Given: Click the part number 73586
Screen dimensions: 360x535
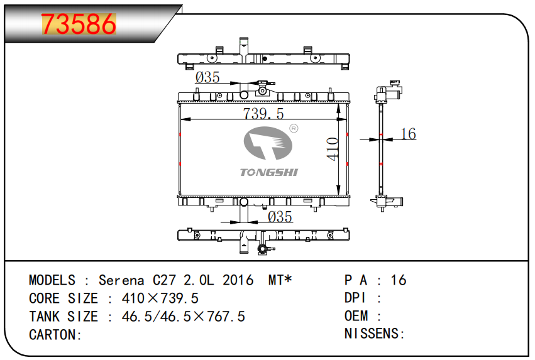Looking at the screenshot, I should coord(79,25).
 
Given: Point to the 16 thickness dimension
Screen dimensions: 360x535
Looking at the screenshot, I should coord(408,134).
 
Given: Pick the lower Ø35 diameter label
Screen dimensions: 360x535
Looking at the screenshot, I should coord(280,217).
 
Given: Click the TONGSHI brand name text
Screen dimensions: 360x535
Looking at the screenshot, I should coord(269,172).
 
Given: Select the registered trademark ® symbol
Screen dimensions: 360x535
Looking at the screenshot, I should coord(293,129).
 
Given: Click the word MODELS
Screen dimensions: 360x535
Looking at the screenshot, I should coord(52,280).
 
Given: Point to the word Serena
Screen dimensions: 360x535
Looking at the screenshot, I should coord(122,280).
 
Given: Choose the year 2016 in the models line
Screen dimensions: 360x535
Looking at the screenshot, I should coord(238,280).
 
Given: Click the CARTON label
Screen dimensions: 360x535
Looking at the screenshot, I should coord(55,335).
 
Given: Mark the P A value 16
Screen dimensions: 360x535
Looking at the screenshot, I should coord(399,280).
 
